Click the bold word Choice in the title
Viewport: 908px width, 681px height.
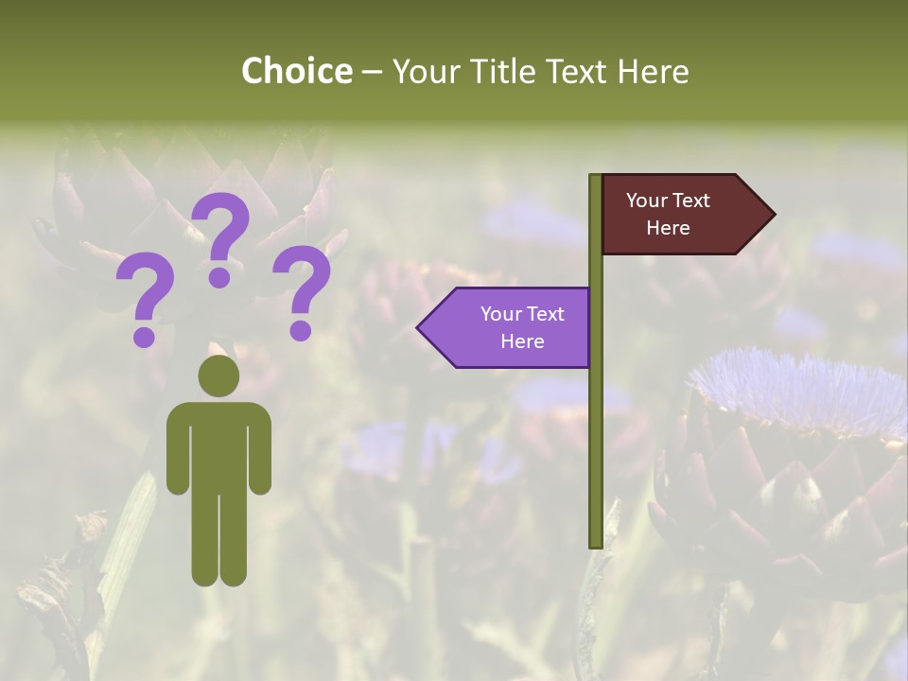click(296, 71)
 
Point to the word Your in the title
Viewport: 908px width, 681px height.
click(427, 71)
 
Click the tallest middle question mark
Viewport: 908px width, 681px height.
click(221, 236)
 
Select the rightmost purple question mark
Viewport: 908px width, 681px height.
click(302, 290)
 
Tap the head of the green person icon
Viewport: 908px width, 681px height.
click(218, 375)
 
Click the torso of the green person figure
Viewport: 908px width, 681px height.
click(218, 445)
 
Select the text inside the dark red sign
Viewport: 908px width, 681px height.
click(668, 214)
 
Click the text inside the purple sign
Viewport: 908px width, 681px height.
click(522, 327)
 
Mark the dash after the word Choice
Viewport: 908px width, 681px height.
click(372, 71)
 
